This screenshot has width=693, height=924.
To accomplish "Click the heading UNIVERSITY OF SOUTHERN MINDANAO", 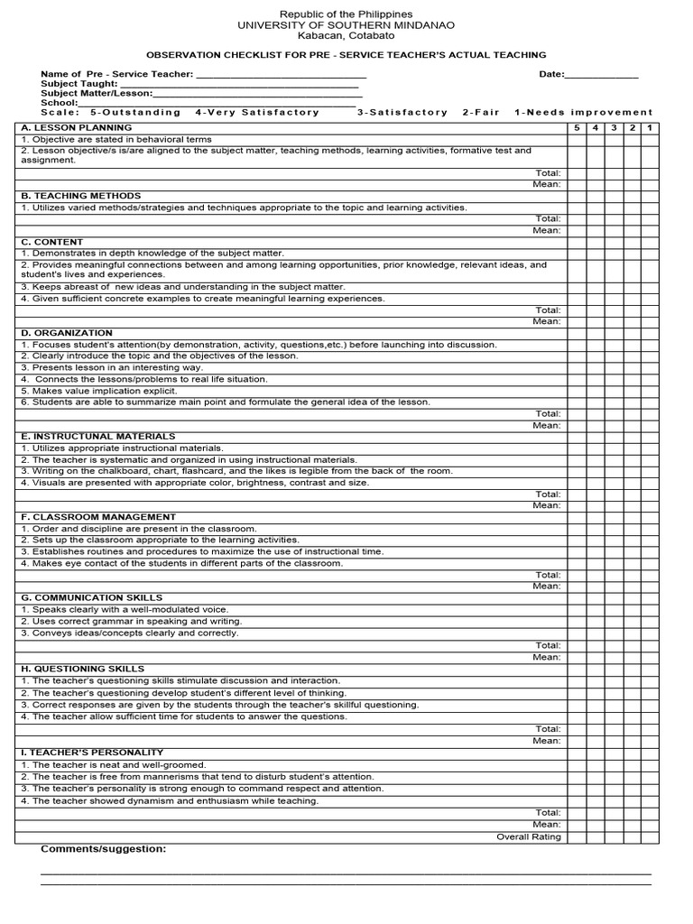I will point(346,25).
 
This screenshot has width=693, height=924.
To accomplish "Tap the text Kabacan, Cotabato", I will point(346,36).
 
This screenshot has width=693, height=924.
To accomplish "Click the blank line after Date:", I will point(602,75).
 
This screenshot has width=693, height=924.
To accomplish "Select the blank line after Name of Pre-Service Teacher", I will point(281,75).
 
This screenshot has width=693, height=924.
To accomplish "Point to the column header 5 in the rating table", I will point(577,128).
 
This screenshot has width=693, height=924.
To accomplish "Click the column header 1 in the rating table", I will point(650,128).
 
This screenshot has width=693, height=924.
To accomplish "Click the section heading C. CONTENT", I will point(51,242).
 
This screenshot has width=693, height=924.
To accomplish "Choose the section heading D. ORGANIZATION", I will point(66,333).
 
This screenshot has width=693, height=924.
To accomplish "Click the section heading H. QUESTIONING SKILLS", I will point(82,669).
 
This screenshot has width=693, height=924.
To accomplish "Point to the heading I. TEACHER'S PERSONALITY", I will point(91,752).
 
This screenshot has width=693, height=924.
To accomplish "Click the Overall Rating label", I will point(529,836).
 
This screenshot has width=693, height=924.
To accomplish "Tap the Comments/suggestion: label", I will point(103,849).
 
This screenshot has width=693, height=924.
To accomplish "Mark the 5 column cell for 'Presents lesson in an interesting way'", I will point(577,367).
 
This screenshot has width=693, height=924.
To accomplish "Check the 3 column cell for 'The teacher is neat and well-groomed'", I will point(614,764).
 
